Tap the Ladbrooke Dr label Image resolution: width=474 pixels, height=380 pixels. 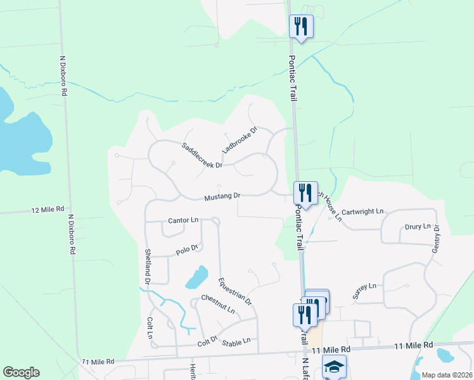[240, 141]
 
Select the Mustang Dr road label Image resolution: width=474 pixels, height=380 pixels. [222, 197]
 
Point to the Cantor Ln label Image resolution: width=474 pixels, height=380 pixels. [183, 220]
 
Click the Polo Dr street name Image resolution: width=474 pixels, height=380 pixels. [188, 249]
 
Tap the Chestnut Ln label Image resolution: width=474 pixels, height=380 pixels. [218, 305]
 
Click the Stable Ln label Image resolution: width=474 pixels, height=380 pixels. [236, 340]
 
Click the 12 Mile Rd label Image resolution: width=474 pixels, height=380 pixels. [48, 209]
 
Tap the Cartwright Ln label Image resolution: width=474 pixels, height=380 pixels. [363, 211]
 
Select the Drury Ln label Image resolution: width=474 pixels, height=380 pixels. [418, 227]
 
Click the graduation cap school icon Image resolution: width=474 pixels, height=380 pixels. [334, 367]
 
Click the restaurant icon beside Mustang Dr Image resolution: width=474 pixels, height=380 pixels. [305, 193]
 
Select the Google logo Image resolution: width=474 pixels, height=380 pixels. [21, 372]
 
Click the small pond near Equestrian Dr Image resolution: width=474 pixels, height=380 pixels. [197, 277]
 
